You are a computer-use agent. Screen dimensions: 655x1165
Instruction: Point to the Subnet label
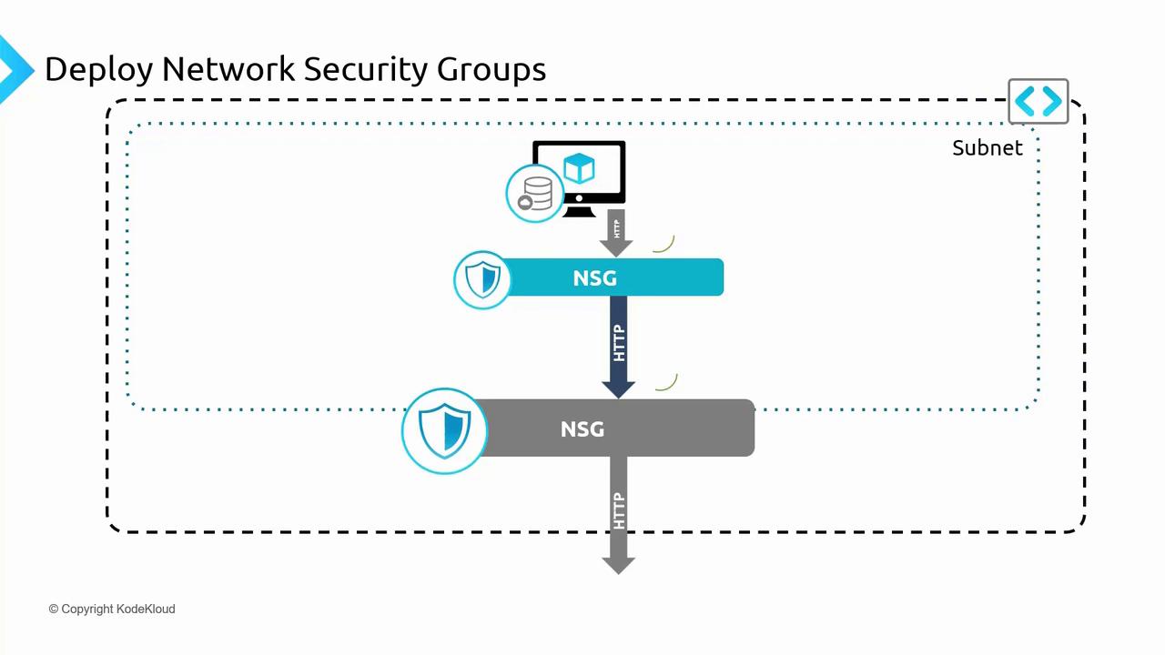pyautogui.click(x=987, y=147)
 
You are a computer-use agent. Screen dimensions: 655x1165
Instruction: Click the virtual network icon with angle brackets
pyautogui.click(x=1038, y=101)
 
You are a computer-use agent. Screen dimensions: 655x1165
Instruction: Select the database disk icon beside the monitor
pyautogui.click(x=535, y=194)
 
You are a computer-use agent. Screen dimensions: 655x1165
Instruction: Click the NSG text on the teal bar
pyautogui.click(x=594, y=277)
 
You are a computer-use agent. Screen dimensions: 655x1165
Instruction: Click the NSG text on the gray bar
pyautogui.click(x=582, y=428)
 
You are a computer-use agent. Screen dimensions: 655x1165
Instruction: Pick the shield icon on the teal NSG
pyautogui.click(x=482, y=279)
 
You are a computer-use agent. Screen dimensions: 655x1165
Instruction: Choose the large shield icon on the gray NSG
pyautogui.click(x=444, y=431)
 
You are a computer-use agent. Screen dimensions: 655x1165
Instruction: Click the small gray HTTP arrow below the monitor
pyautogui.click(x=617, y=231)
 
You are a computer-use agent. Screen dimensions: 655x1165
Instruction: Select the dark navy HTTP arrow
pyautogui.click(x=619, y=346)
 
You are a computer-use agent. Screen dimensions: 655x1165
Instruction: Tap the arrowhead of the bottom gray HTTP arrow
pyautogui.click(x=619, y=564)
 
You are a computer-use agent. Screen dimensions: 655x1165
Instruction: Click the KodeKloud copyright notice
pyautogui.click(x=112, y=609)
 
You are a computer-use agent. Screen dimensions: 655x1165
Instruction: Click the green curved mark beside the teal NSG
pyautogui.click(x=664, y=244)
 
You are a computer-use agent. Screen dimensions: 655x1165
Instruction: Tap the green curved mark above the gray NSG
pyautogui.click(x=667, y=383)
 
